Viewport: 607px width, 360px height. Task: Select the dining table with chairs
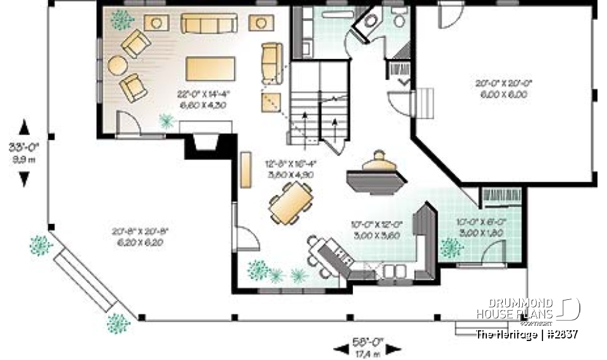(291, 202)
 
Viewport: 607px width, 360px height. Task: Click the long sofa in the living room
(209, 24)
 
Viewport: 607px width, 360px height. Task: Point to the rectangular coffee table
(210, 66)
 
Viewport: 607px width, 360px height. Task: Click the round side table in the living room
(118, 65)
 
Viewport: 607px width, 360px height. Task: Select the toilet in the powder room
(398, 20)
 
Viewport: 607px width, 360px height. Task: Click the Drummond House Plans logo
(528, 309)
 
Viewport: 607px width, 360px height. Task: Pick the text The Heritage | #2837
(527, 333)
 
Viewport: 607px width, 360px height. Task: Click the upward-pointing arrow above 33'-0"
(24, 127)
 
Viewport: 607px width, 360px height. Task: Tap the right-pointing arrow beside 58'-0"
(394, 348)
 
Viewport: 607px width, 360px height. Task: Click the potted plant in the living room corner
(121, 20)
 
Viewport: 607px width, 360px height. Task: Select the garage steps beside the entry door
(425, 101)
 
